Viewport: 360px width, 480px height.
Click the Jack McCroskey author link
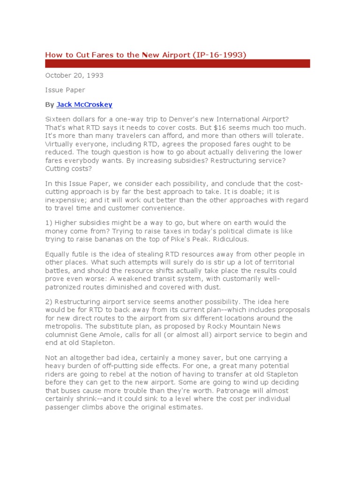coord(84,105)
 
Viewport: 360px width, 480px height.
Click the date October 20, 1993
coord(74,75)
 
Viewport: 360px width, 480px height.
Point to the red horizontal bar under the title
coord(177,64)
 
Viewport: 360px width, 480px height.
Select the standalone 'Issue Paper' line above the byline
coord(65,90)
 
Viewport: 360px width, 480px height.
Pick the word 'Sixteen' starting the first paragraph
coord(58,120)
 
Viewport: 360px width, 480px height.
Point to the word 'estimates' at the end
coord(185,407)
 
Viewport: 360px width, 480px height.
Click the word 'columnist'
coord(64,335)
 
